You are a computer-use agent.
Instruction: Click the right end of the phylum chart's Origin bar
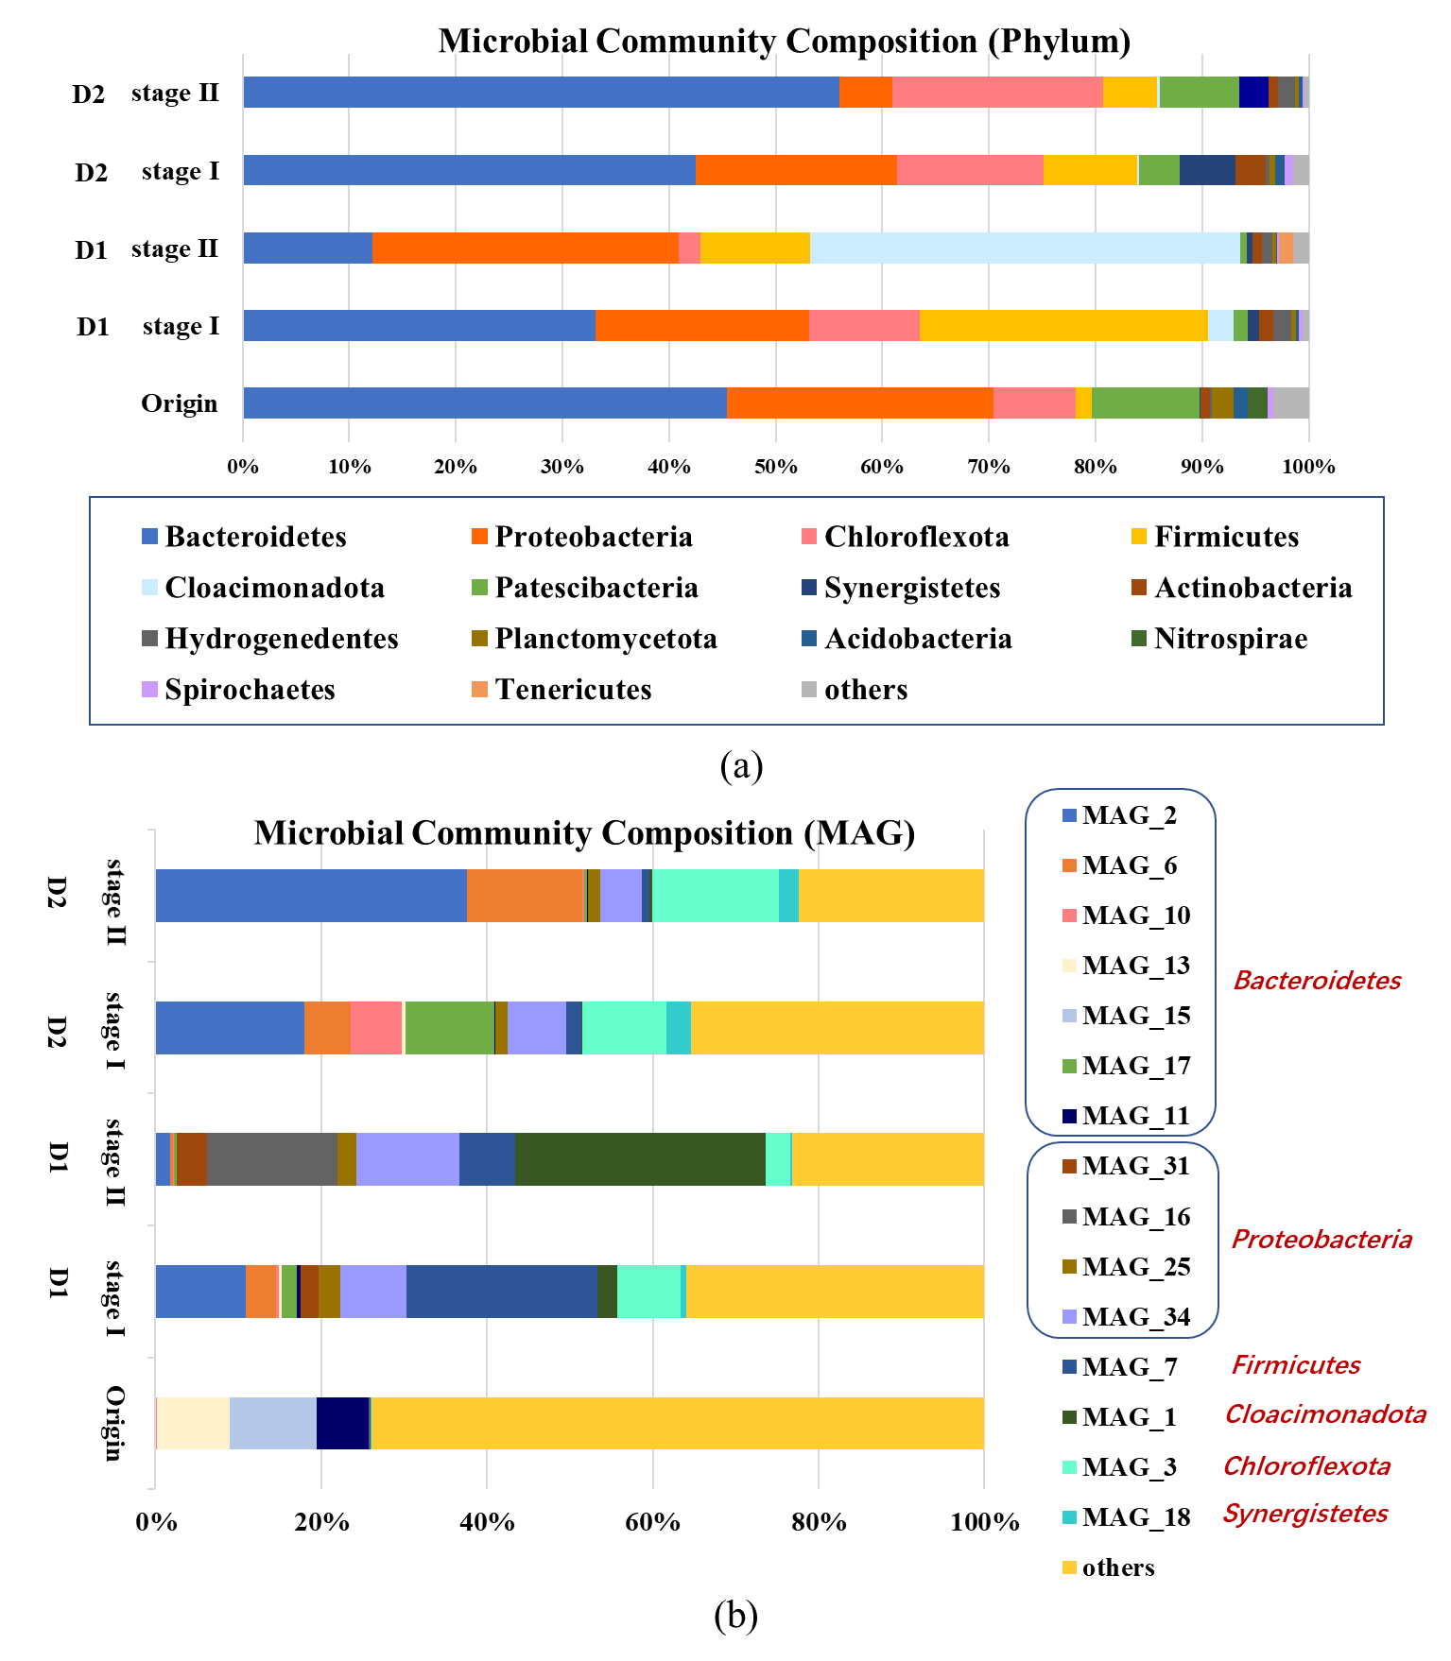[1309, 402]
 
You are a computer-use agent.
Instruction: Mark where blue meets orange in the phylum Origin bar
[727, 402]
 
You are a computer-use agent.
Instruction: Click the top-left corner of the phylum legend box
[90, 498]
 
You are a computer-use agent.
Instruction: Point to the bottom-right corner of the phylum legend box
[1384, 725]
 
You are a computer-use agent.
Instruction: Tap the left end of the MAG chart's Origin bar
[155, 1422]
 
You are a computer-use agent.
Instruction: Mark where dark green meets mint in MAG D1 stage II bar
[766, 1158]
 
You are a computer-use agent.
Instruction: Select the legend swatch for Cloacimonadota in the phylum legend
[149, 588]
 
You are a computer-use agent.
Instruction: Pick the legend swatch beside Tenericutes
[478, 690]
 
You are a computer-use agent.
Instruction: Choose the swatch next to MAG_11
[1069, 1116]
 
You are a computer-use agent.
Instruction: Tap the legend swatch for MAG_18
[1069, 1517]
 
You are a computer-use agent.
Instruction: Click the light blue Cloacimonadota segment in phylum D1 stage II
[1025, 248]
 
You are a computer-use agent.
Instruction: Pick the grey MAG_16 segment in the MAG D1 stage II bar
[272, 1158]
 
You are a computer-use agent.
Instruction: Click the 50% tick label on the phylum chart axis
[775, 467]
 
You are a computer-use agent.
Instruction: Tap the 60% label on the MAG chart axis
[652, 1523]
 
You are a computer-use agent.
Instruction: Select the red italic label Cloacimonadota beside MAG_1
[1325, 1414]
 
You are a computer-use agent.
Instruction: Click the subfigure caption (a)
[740, 765]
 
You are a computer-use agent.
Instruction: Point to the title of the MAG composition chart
[584, 832]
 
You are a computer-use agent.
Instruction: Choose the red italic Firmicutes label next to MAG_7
[1296, 1365]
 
